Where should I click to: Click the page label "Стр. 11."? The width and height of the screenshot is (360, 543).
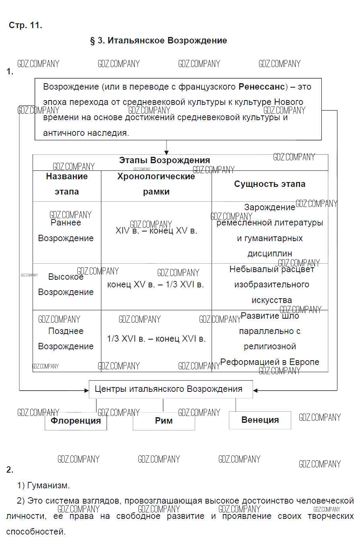pyautogui.click(x=25, y=25)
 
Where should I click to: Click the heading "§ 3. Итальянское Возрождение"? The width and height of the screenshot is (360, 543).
pyautogui.click(x=158, y=41)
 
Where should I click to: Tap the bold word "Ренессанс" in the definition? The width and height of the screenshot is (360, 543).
pyautogui.click(x=262, y=87)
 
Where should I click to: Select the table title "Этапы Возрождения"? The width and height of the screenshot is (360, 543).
pyautogui.click(x=164, y=160)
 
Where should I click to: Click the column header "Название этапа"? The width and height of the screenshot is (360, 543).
pyautogui.click(x=67, y=184)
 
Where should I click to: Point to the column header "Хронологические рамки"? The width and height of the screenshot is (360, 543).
pyautogui.click(x=156, y=184)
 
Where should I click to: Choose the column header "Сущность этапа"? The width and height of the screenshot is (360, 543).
pyautogui.click(x=269, y=184)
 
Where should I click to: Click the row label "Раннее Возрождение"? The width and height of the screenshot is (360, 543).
pyautogui.click(x=66, y=231)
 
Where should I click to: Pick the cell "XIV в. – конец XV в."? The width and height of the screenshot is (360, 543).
pyautogui.click(x=156, y=231)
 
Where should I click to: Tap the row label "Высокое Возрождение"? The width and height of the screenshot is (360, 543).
pyautogui.click(x=66, y=285)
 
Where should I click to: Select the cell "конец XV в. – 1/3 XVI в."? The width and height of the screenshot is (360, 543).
pyautogui.click(x=156, y=285)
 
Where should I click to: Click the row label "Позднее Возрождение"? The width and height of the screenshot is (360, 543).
pyautogui.click(x=66, y=339)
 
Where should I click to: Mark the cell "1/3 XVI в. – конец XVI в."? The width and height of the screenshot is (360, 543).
pyautogui.click(x=156, y=339)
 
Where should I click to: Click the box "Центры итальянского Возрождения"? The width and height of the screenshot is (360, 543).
pyautogui.click(x=171, y=389)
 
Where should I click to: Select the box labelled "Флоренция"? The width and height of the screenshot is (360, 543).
pyautogui.click(x=76, y=421)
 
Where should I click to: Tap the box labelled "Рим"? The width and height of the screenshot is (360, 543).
pyautogui.click(x=164, y=421)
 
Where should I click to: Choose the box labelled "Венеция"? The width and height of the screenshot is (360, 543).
pyautogui.click(x=260, y=420)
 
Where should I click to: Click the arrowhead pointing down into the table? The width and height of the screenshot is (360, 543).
pyautogui.click(x=167, y=152)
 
